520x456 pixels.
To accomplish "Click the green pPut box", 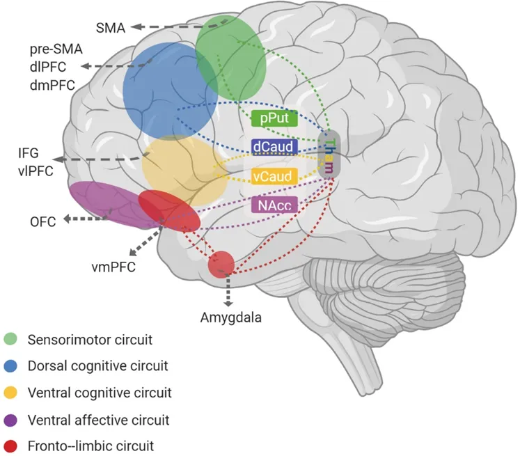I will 275,119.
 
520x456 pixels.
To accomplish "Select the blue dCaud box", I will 274,147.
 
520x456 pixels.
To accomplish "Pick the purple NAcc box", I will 274,204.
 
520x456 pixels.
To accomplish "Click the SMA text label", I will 109,28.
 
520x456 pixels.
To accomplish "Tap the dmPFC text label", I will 52,84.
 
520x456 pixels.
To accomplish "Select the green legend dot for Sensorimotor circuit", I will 11,340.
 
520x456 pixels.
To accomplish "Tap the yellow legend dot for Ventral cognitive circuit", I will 11,393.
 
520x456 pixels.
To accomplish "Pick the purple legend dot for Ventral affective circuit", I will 11,420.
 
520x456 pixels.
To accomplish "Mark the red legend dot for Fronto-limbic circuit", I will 11,446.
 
